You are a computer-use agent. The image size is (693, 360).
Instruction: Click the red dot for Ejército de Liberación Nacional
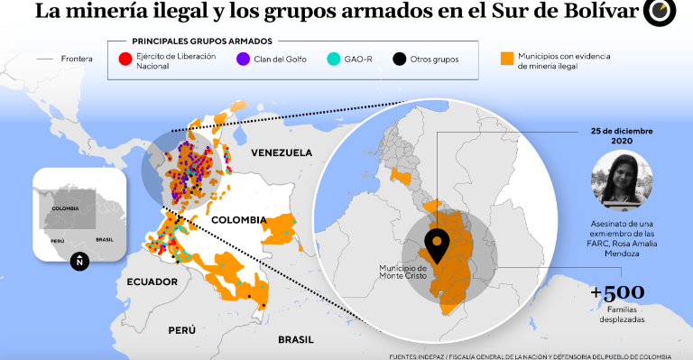[x=125, y=60]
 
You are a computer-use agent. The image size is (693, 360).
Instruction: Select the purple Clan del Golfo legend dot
[x=243, y=60]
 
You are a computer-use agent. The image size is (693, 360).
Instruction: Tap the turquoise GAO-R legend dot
[x=334, y=60]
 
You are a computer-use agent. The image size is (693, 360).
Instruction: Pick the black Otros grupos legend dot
[x=398, y=60]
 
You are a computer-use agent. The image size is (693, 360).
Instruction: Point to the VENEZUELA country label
[x=282, y=152]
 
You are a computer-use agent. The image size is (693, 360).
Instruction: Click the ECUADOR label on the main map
[x=152, y=281]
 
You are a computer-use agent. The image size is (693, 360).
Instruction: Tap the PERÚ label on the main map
[x=181, y=330]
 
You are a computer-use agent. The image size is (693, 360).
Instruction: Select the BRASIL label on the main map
[x=295, y=339]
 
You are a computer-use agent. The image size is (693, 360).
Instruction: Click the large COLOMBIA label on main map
[x=238, y=219]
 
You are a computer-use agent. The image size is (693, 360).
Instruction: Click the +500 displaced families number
[x=617, y=292]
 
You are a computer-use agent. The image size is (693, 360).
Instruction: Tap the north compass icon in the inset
[x=80, y=261]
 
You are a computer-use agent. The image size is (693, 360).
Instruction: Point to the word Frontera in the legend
[x=77, y=60]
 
